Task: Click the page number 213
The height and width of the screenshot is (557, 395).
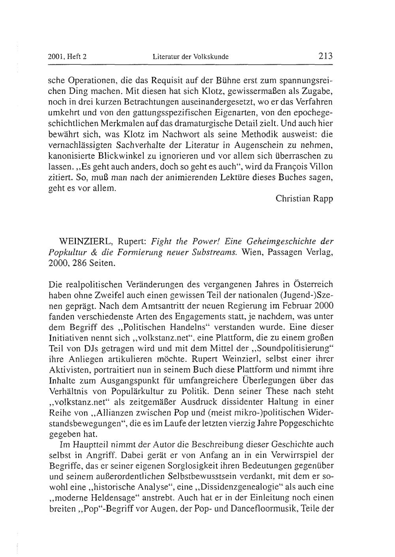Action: click(x=326, y=56)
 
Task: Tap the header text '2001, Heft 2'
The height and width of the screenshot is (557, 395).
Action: click(x=67, y=56)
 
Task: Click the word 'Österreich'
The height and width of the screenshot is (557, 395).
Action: click(x=314, y=284)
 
